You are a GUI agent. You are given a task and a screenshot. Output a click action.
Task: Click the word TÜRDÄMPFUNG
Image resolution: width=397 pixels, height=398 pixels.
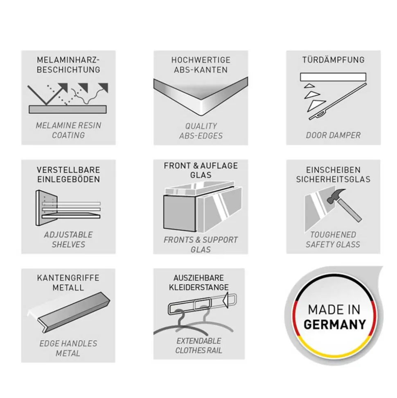(333, 60)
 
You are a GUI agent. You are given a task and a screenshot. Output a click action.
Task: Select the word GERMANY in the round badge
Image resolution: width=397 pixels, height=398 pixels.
(335, 324)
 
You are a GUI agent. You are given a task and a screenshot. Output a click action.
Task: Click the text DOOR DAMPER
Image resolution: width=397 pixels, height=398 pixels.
(333, 135)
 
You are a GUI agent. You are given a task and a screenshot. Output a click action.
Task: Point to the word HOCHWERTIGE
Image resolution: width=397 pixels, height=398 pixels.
(201, 60)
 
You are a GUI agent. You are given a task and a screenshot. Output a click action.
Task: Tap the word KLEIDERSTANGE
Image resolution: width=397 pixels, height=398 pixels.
(199, 287)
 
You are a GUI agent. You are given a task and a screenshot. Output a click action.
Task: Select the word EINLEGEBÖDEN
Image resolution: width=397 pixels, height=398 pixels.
(68, 179)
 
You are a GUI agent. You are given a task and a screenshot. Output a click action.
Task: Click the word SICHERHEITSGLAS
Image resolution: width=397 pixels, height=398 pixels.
(333, 179)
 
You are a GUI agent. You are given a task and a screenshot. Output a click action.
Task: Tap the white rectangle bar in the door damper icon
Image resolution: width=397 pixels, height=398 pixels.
(333, 77)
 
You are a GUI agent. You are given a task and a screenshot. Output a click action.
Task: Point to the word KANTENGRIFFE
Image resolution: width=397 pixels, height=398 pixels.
(68, 278)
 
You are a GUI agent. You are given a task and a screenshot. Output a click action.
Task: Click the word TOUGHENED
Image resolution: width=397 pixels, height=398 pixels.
(333, 234)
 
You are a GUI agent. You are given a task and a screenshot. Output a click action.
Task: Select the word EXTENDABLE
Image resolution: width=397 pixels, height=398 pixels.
(199, 341)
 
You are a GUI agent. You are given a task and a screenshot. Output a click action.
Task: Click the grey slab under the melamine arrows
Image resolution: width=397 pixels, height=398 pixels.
(68, 109)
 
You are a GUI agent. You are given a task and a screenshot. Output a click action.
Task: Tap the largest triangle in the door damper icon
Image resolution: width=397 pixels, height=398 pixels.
(316, 105)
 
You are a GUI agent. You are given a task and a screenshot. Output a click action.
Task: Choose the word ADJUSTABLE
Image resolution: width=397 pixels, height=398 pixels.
(68, 235)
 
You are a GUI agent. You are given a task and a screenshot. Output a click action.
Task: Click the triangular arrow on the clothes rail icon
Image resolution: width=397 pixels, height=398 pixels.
(226, 300)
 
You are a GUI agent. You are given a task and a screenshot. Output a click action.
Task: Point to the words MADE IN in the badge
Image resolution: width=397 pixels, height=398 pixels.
(334, 309)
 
